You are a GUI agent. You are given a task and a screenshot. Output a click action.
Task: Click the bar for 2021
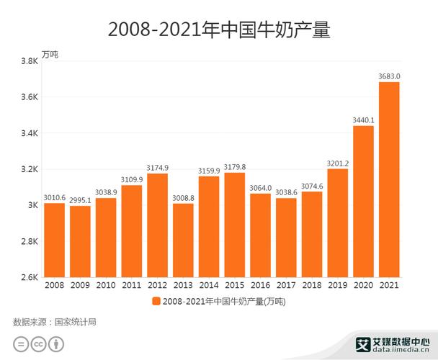pyautogui.click(x=389, y=179)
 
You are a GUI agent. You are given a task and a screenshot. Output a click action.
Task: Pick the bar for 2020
pyautogui.click(x=363, y=201)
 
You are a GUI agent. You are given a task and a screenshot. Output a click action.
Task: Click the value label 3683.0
pyautogui.click(x=389, y=76)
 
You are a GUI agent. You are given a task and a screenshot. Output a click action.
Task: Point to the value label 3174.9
pyautogui.click(x=157, y=167)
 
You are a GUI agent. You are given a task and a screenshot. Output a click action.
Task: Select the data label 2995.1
pyautogui.click(x=80, y=199)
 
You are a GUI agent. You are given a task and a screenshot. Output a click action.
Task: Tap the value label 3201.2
pyautogui.click(x=337, y=163)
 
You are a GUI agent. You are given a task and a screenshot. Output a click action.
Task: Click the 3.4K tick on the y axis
pyautogui.click(x=30, y=133)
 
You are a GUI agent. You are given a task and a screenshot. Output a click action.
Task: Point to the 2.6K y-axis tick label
pyautogui.click(x=30, y=277)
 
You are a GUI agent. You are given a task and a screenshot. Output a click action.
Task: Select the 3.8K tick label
pyautogui.click(x=30, y=61)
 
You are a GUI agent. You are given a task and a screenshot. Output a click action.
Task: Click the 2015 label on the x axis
pyautogui.click(x=235, y=286)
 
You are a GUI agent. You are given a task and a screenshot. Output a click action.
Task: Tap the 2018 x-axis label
pyautogui.click(x=312, y=286)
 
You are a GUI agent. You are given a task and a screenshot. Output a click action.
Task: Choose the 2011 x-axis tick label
pyautogui.click(x=131, y=286)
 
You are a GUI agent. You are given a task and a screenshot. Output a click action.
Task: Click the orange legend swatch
pyautogui.click(x=156, y=301)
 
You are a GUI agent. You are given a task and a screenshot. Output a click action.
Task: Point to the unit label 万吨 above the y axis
pyautogui.click(x=50, y=55)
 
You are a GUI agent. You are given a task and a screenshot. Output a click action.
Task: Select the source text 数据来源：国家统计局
pyautogui.click(x=55, y=322)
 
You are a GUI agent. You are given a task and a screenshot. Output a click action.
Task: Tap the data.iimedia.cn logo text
pyautogui.click(x=396, y=351)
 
